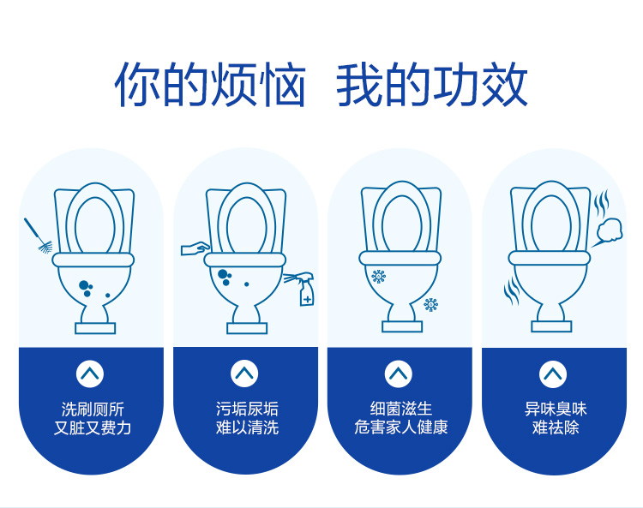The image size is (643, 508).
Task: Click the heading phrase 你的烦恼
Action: [210, 85]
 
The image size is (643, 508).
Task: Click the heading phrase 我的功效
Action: [431, 85]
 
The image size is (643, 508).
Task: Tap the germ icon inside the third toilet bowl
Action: [378, 276]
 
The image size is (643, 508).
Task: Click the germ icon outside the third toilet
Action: [430, 304]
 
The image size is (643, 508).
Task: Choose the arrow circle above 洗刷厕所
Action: [90, 373]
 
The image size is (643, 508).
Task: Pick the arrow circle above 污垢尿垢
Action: [244, 373]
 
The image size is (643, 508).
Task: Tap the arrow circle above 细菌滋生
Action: [399, 373]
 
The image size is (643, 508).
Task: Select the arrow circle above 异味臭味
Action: [553, 373]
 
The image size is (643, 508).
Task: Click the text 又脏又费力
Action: [92, 427]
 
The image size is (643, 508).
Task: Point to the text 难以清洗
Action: [246, 427]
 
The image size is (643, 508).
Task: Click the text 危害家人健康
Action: [400, 427]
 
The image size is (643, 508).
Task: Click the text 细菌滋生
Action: [400, 409]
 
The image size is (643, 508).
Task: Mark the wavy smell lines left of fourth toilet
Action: [511, 290]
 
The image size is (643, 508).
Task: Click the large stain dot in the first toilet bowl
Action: [84, 285]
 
